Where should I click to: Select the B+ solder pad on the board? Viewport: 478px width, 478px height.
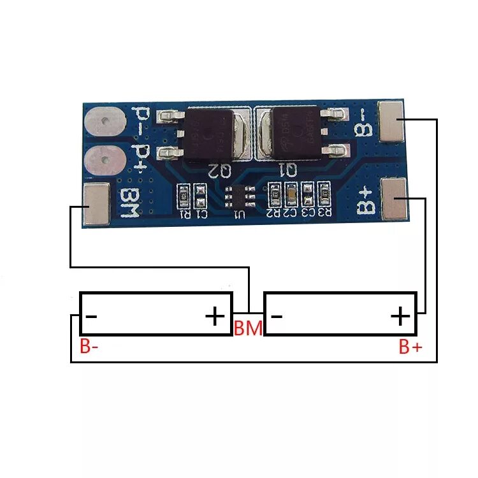coord(395,198)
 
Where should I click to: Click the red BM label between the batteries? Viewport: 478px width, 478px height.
coord(248,329)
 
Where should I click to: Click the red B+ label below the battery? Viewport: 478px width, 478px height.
coord(410,347)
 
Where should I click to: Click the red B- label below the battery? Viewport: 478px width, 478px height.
coord(89,347)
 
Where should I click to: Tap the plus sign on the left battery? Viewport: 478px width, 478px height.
coord(215,315)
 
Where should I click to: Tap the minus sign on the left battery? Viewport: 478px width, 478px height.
coord(91,315)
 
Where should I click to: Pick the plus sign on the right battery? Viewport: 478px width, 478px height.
coord(400,315)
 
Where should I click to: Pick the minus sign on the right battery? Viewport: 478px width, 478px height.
coord(277,315)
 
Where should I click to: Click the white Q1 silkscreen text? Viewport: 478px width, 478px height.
coord(287,170)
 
